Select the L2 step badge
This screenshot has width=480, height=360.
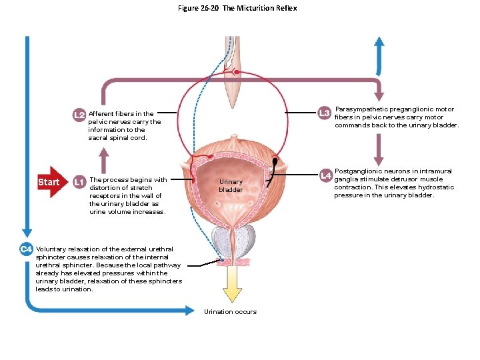(x=79, y=115)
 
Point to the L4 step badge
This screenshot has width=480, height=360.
(x=325, y=175)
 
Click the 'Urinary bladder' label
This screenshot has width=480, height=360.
(x=231, y=185)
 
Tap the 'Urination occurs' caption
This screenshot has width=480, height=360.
(x=230, y=311)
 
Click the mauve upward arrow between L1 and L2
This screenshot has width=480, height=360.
(x=103, y=159)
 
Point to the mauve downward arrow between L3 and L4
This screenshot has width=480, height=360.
(x=379, y=149)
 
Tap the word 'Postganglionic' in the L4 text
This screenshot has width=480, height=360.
(x=355, y=171)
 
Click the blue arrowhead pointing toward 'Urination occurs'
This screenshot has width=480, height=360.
(x=185, y=309)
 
